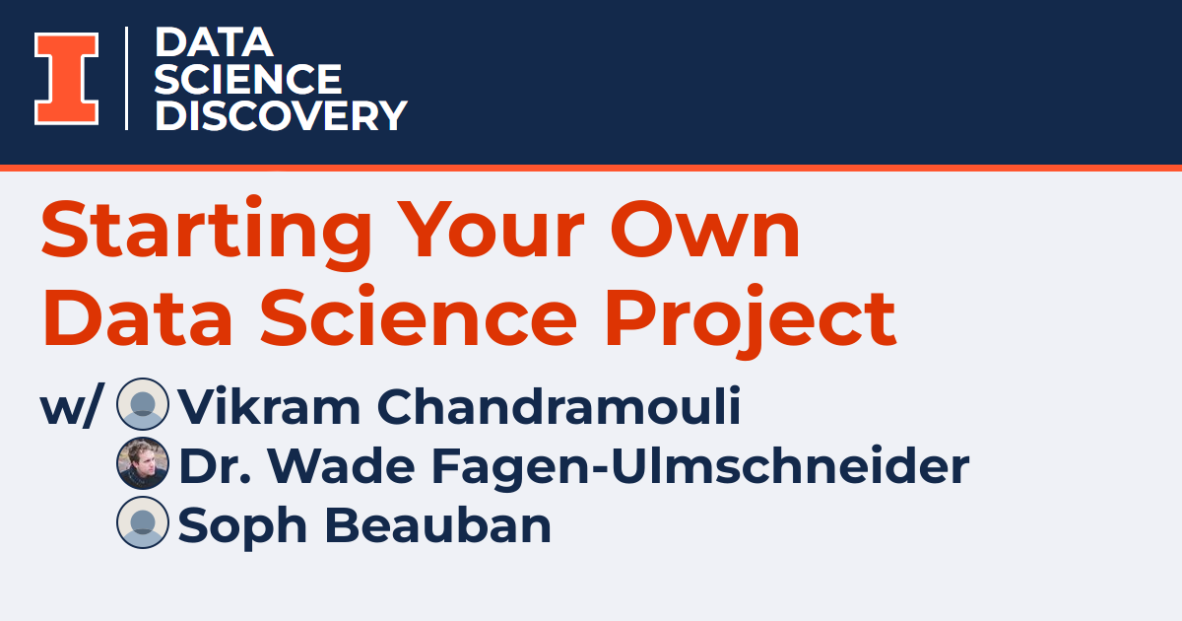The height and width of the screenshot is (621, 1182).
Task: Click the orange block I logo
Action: pos(67,79)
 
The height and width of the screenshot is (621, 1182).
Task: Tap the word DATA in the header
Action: pos(214,42)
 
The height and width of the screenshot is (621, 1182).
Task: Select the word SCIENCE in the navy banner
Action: pos(248,79)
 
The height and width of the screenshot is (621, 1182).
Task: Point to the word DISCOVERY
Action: pos(281,115)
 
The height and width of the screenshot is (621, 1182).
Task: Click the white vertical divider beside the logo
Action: pos(127,79)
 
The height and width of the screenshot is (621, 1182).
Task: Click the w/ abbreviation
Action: pos(70,407)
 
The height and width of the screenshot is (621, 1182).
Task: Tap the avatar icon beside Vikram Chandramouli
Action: pos(143,404)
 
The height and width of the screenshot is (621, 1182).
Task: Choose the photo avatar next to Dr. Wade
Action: pos(143,463)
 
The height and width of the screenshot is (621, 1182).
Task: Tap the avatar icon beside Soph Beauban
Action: pos(143,522)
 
